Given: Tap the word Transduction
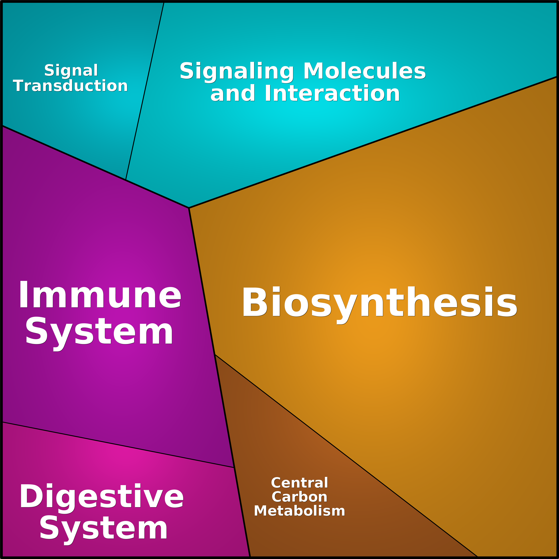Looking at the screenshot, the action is (70, 86).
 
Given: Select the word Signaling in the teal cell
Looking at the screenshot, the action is (237, 71).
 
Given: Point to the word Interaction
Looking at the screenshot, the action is (332, 93).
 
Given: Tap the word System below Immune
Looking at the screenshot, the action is (99, 332).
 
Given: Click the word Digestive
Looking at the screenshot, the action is (101, 496).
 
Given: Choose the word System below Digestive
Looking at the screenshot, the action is (103, 530).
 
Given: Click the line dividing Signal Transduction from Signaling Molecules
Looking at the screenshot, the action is (145, 91).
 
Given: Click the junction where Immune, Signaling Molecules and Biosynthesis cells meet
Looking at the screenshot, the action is (189, 208).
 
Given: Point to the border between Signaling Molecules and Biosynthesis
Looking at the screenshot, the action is (373, 142).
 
